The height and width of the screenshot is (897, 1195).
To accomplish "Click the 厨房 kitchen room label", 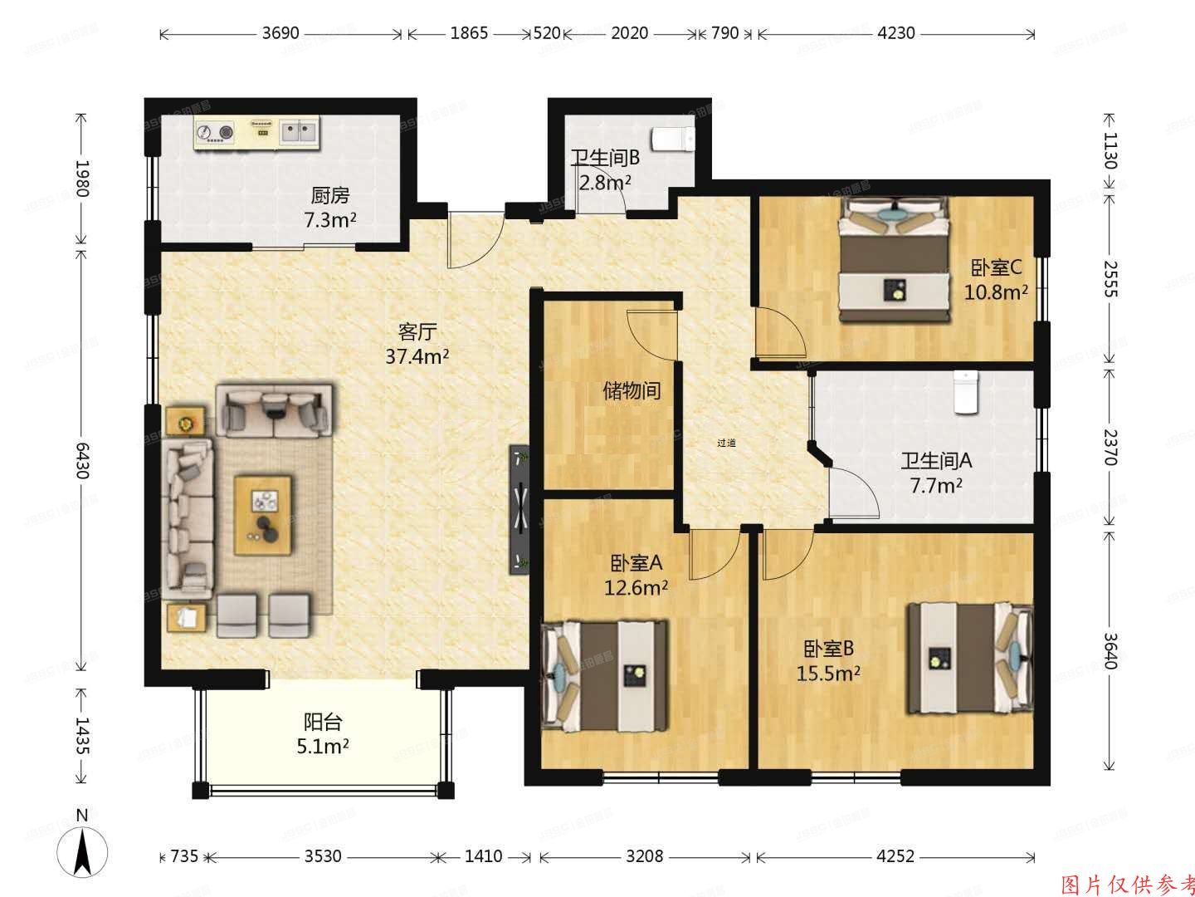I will click(330, 196).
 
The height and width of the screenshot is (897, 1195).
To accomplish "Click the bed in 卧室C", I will click(894, 259).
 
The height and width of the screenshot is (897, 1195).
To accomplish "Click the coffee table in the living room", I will click(263, 514).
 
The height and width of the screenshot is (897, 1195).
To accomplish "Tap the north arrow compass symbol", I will click(81, 851).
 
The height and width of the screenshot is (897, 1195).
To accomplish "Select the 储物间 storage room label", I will click(632, 390).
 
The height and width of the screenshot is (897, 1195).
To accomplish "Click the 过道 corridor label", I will click(726, 443).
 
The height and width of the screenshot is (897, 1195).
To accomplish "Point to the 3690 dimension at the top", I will click(280, 33).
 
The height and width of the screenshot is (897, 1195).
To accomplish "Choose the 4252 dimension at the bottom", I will click(895, 855).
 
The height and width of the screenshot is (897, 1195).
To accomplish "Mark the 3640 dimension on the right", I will click(1110, 650).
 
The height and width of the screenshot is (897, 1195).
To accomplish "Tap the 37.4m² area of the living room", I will click(417, 357).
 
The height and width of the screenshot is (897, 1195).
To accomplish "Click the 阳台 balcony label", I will click(322, 722).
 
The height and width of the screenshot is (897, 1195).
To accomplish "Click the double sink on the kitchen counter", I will click(299, 130).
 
